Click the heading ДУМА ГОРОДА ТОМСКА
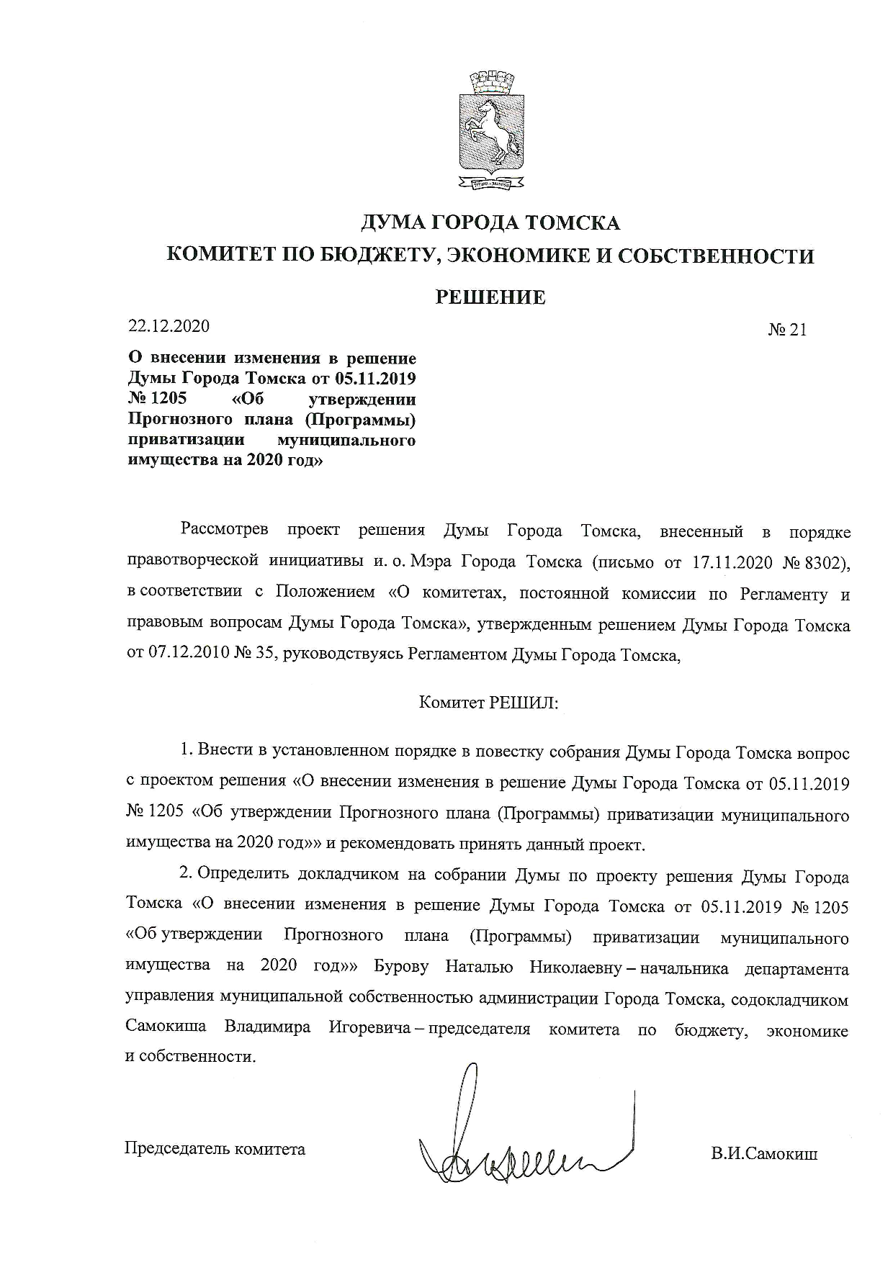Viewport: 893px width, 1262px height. [490, 222]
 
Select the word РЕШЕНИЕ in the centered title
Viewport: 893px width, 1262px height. [490, 297]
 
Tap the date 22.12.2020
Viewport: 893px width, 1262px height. [169, 326]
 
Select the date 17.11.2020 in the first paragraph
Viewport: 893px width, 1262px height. [732, 563]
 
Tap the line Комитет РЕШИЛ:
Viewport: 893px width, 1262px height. [490, 702]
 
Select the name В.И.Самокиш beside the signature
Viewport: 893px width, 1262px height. [764, 1154]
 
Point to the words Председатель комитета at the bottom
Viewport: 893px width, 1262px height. [215, 1149]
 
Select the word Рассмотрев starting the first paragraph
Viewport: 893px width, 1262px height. [224, 532]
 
